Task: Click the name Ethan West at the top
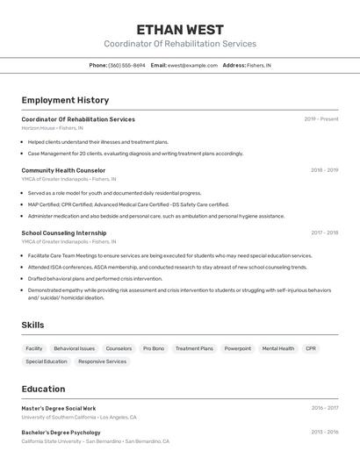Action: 180,29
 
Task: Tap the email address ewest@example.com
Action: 192,65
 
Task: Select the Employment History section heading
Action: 65,100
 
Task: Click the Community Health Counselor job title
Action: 63,170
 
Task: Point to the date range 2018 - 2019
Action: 324,170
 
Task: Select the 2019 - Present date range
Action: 321,119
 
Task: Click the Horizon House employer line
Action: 52,128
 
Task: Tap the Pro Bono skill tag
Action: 154,348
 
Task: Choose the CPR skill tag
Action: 311,348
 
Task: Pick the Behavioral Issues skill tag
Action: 74,348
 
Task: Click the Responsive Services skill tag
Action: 102,361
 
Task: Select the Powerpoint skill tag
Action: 237,348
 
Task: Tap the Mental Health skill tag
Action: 278,348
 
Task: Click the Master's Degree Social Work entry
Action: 59,408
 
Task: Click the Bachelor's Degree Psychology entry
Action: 61,433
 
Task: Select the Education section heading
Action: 43,389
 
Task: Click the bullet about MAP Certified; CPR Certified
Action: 128,204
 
